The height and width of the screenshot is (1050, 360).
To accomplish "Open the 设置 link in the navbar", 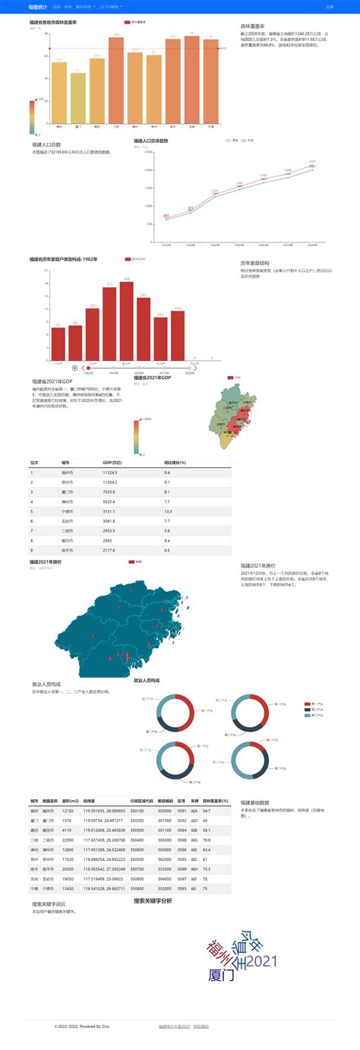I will pos(330,6).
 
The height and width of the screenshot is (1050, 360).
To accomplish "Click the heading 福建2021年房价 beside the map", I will pos(257,565).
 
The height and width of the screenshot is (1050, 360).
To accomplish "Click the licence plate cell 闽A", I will pos(194,811).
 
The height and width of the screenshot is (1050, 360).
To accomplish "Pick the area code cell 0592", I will pos(181,821).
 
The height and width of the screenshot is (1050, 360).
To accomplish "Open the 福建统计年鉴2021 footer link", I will pos(174,1026).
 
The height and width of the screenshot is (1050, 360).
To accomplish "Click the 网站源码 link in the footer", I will pos(201,1026).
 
